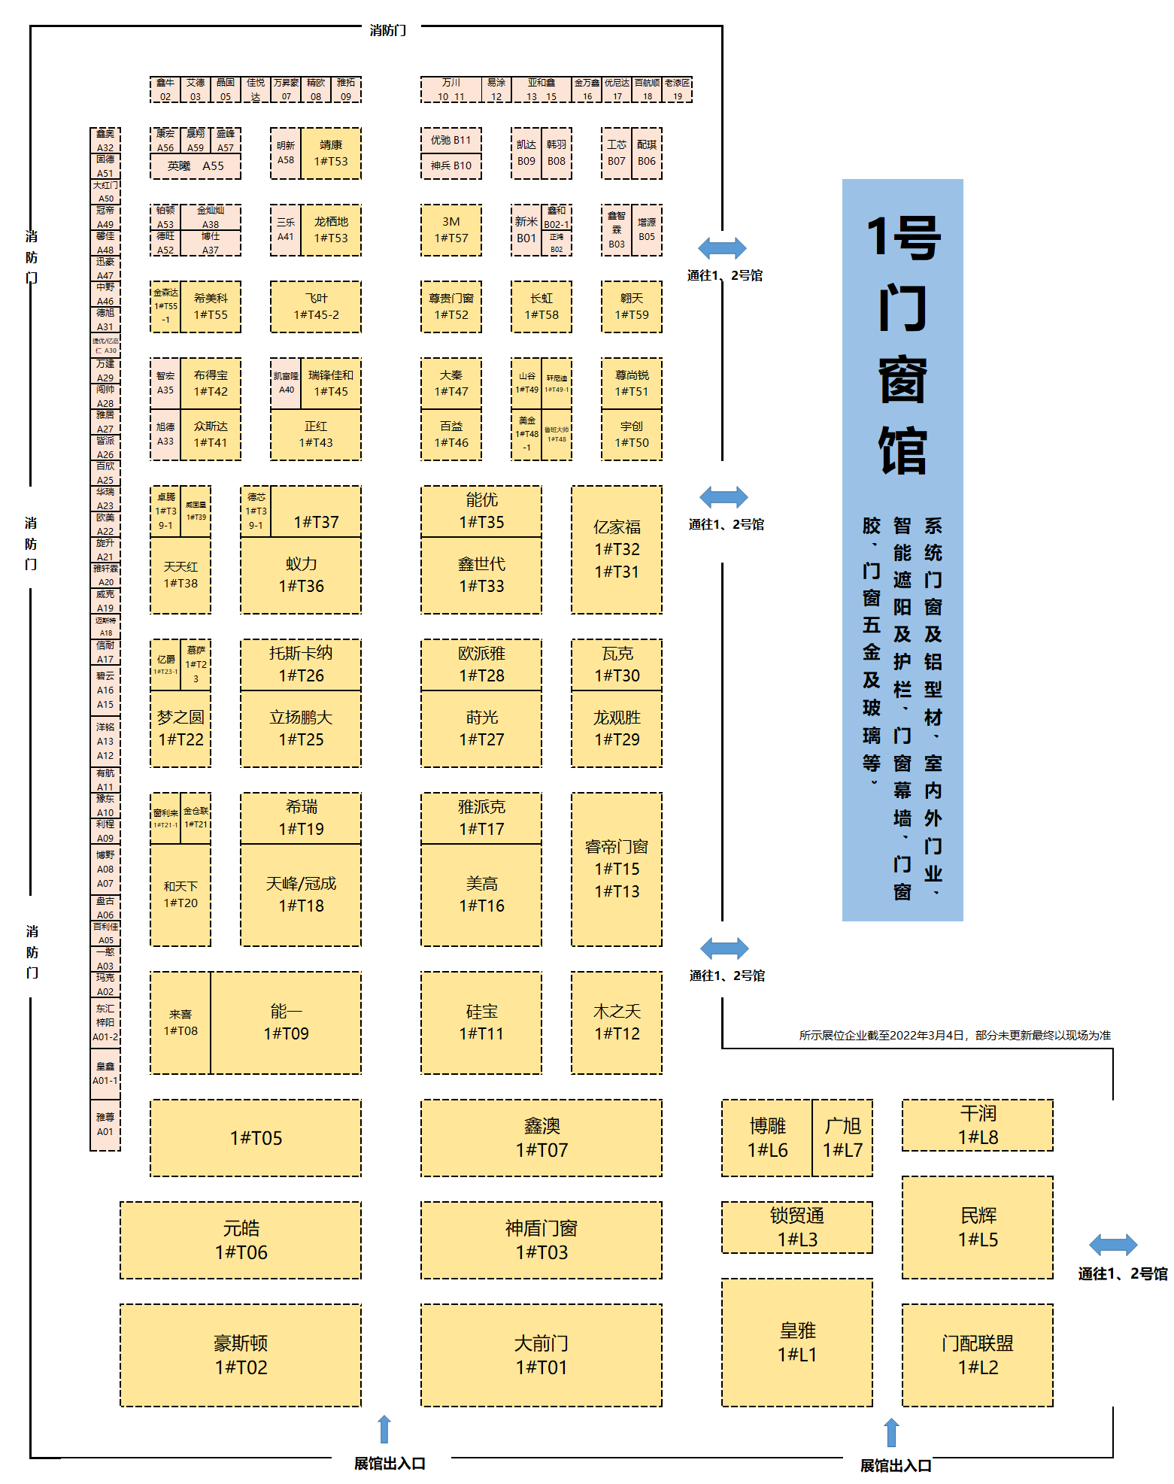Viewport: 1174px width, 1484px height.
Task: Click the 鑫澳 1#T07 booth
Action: [541, 1137]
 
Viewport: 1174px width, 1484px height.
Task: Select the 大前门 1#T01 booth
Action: [541, 1355]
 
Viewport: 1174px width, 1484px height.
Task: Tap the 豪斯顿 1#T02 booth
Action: [241, 1355]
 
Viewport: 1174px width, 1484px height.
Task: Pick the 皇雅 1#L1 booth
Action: [797, 1342]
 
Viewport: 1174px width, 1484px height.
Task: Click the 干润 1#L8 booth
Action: [978, 1125]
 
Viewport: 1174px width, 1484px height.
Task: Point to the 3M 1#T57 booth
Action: [451, 230]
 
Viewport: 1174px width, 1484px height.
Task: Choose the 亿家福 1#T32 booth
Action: [617, 549]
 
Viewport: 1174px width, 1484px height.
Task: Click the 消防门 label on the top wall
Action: [388, 30]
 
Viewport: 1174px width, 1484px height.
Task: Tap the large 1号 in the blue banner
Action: [903, 238]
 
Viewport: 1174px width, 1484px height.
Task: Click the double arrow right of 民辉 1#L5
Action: [1113, 1245]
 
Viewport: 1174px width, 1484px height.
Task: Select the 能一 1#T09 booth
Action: [286, 1022]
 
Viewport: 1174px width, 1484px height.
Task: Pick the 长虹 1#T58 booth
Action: [541, 307]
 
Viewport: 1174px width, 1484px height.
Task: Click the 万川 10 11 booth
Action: [451, 90]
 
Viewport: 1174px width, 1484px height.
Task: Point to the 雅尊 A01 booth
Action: [105, 1124]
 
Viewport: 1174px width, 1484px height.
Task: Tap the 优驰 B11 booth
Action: [451, 141]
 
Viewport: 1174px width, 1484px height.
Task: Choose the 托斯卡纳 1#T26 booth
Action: [301, 664]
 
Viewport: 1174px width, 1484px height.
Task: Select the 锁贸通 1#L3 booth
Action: [797, 1227]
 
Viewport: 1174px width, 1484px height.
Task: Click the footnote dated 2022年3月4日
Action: [954, 1036]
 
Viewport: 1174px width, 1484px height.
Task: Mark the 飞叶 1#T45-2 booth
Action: [316, 307]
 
